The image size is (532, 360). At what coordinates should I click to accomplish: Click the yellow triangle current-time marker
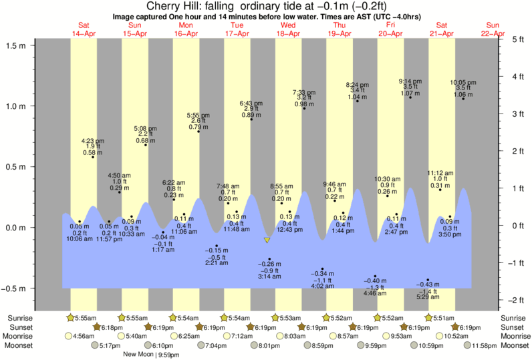pos(267,240)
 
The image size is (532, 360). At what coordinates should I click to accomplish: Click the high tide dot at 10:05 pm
pos(463,99)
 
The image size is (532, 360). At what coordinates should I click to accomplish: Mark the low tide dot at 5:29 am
pos(428,280)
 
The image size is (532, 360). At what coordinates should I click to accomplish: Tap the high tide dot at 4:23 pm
pos(92,157)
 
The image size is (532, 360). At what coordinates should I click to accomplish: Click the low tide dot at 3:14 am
pos(269,259)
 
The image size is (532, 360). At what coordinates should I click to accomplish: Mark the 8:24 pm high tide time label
pos(356,85)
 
